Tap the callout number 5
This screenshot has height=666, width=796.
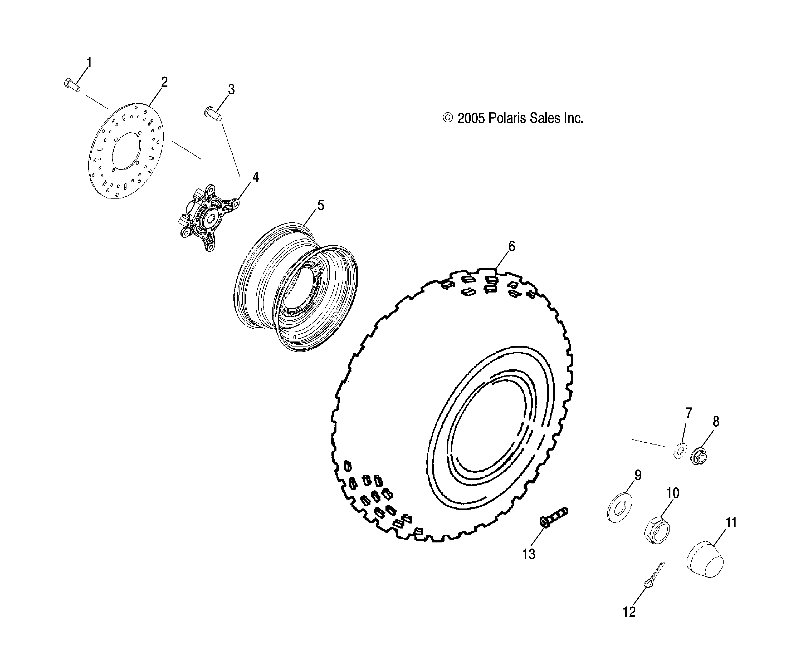[321, 206]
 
